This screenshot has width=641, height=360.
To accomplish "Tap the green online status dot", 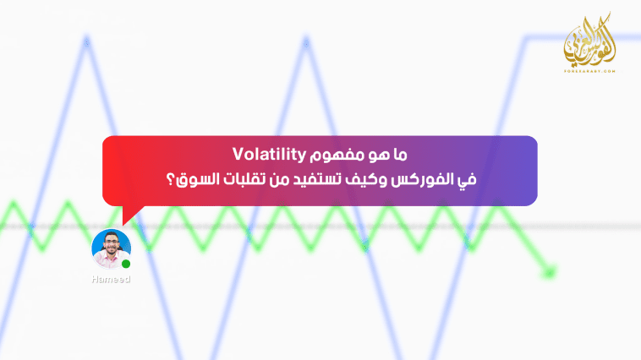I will pos(126,265).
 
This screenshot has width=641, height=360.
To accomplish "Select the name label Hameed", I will pos(111,280).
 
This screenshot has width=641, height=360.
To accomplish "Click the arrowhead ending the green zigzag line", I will pos(551,272).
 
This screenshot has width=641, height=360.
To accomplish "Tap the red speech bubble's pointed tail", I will pos(127,215).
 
